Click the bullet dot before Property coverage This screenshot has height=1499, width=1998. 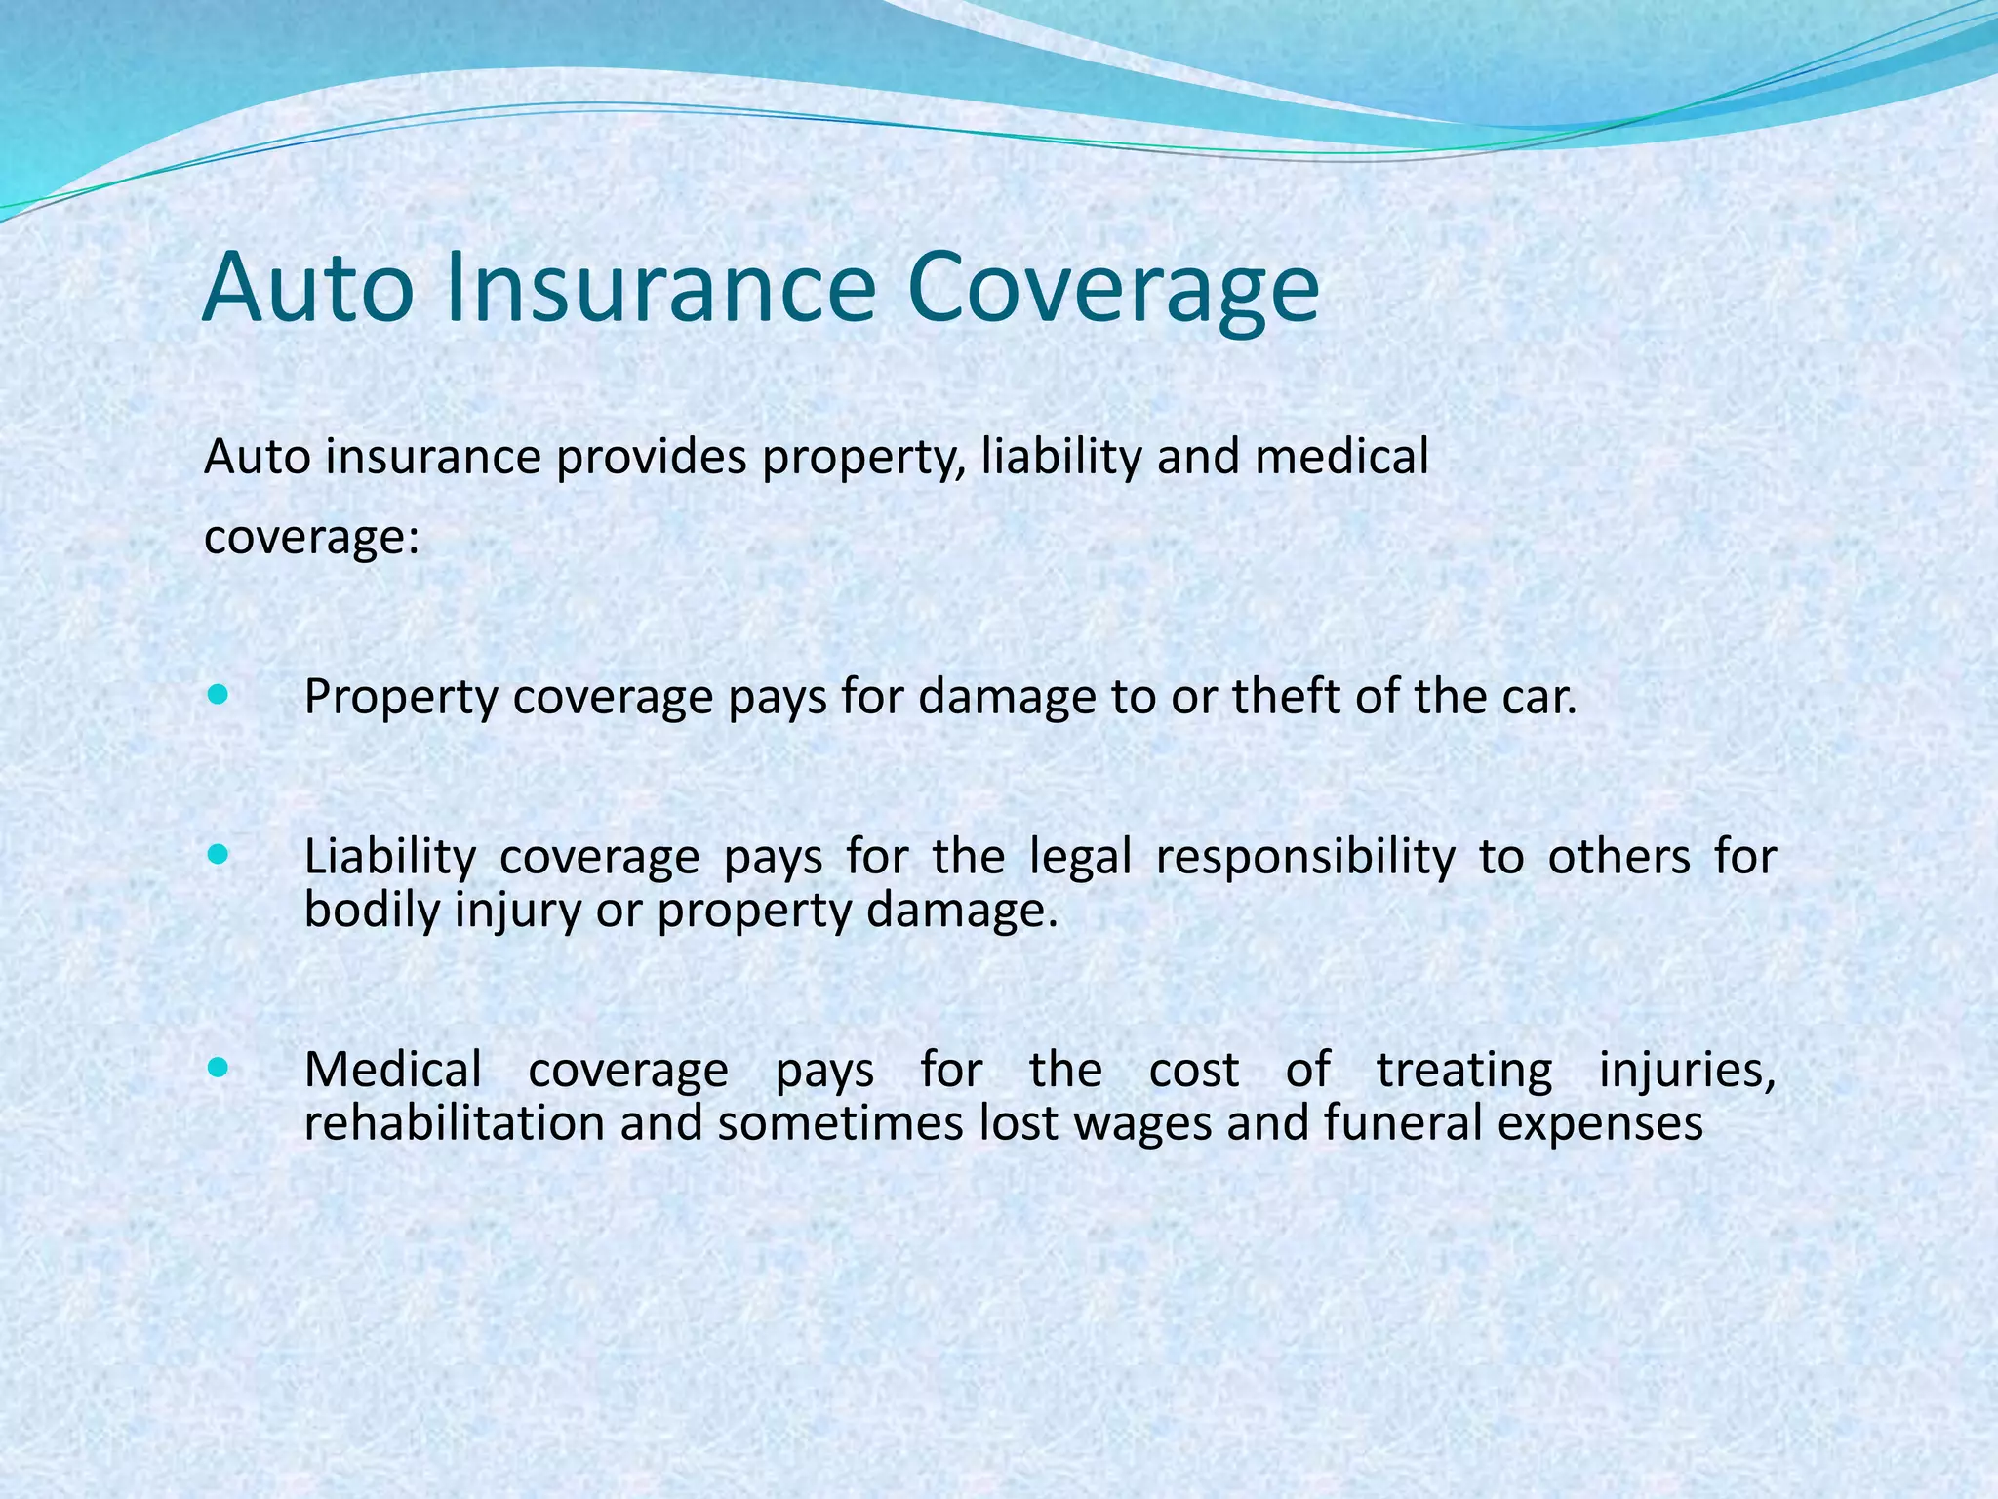click(219, 696)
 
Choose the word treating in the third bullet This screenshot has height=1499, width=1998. click(1463, 1070)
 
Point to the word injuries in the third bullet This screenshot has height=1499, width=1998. click(1686, 1071)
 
